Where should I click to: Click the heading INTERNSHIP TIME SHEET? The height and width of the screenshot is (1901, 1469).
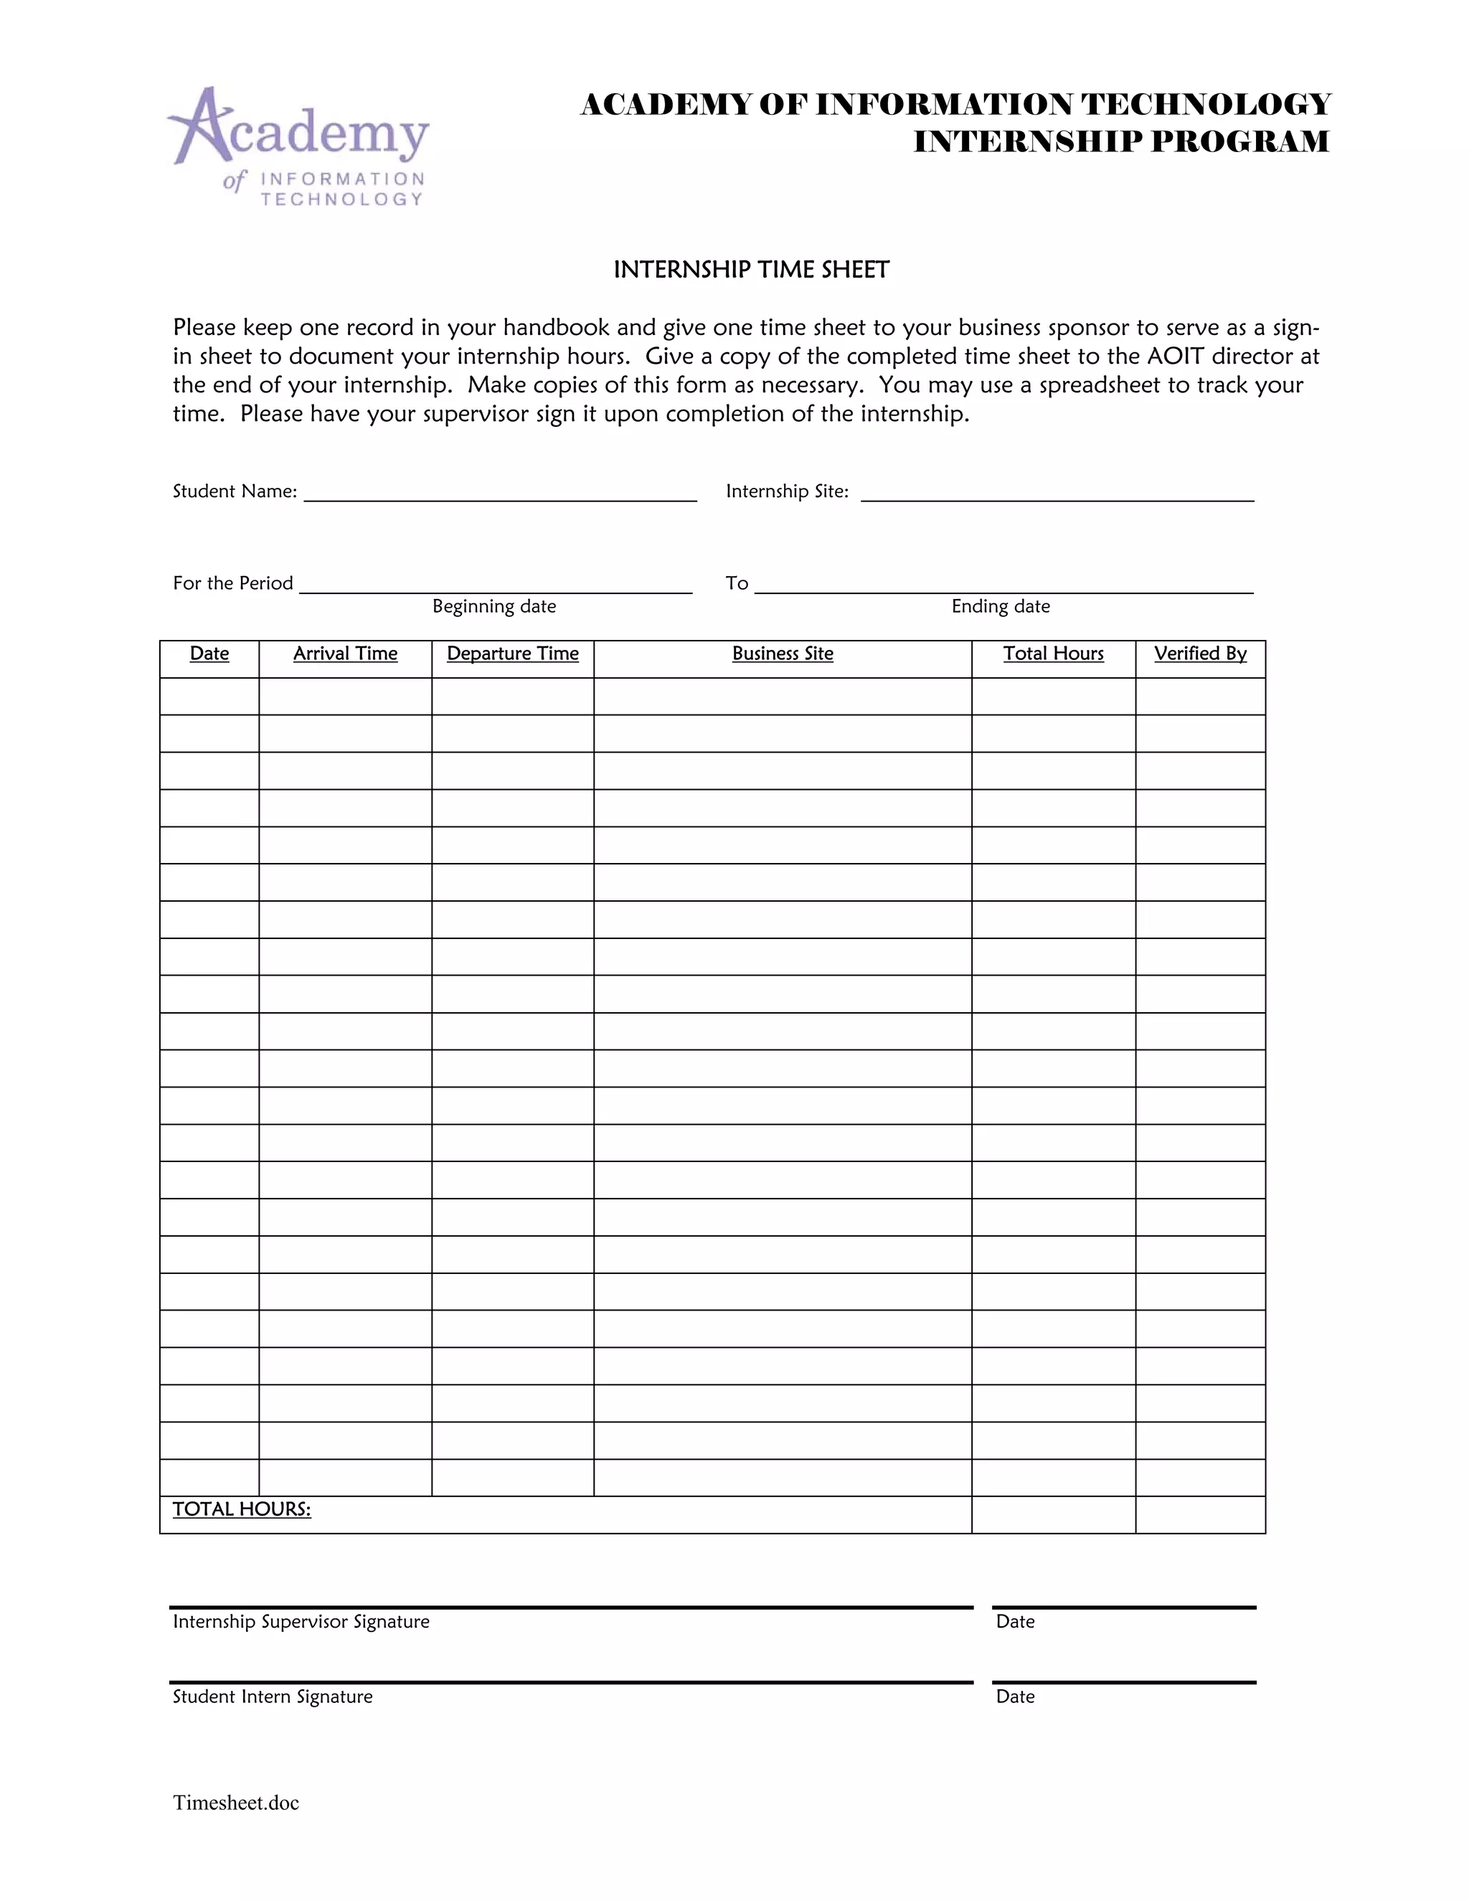pos(751,270)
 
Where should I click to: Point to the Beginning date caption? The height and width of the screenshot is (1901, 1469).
pos(493,606)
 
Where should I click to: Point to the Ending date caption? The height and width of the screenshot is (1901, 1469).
pos(1000,606)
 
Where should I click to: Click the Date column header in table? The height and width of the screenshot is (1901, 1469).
pos(209,654)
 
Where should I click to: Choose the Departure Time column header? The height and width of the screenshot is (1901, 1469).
pos(513,654)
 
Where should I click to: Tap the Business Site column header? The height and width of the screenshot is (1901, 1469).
pos(783,654)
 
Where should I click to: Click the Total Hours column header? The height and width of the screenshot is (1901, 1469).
pos(1053,654)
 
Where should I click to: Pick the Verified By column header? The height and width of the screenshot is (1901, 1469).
pos(1200,654)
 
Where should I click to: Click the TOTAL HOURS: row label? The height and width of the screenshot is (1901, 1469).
pos(241,1509)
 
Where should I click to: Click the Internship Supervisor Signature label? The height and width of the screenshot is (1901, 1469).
pos(301,1622)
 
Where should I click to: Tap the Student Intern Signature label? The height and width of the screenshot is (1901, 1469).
pos(273,1697)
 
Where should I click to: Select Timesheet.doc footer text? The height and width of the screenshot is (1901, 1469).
pos(236,1803)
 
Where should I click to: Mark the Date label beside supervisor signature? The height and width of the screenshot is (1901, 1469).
pos(1015,1622)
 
